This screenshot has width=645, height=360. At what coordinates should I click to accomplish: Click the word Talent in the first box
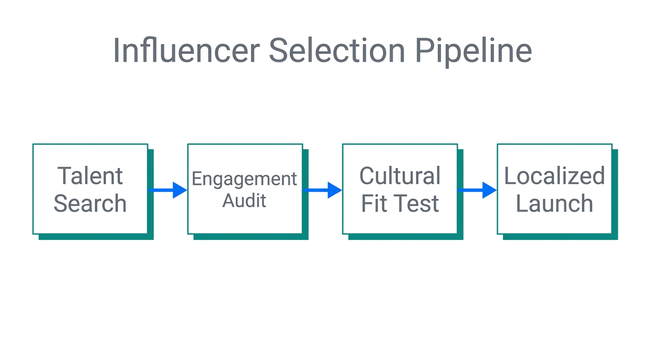click(90, 176)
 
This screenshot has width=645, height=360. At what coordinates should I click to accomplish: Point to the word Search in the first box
click(90, 203)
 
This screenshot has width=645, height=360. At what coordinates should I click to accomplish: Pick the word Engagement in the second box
click(244, 179)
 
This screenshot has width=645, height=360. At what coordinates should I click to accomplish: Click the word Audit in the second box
click(244, 201)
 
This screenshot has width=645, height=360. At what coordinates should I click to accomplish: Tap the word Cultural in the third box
click(400, 176)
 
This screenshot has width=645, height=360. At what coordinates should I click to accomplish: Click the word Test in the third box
click(414, 203)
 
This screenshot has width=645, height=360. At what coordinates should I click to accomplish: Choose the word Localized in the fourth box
click(555, 176)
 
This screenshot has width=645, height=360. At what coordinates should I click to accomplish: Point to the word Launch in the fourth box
click(555, 203)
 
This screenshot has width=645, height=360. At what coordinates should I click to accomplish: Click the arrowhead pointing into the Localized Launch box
click(489, 190)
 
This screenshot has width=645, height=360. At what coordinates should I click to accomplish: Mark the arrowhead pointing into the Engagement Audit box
click(180, 190)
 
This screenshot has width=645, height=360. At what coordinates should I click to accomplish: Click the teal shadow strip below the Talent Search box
click(96, 237)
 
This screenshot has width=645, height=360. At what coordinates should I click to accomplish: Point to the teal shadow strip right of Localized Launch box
click(615, 195)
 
